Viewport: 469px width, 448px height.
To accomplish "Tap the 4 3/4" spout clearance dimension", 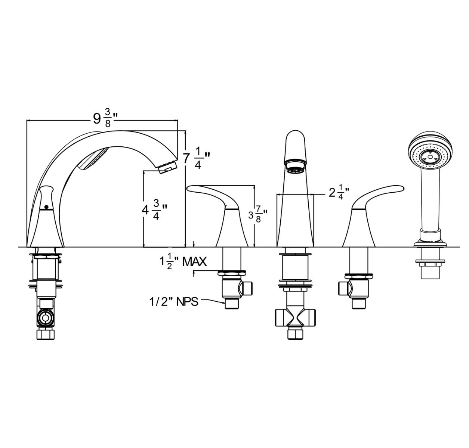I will [154, 209].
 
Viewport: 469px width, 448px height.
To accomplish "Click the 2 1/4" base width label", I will [339, 193].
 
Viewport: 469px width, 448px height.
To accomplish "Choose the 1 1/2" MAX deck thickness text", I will [183, 261].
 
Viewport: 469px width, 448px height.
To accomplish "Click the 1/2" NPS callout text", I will [174, 302].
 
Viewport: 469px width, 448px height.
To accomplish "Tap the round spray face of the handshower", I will [430, 156].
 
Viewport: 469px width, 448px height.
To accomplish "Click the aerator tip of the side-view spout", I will [167, 167].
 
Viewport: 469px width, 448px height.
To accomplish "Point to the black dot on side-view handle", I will [46, 206].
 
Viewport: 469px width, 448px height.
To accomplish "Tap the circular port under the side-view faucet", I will [46, 318].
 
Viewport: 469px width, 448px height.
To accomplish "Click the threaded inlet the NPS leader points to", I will [232, 303].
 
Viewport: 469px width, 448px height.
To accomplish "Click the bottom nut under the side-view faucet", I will [46, 334].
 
